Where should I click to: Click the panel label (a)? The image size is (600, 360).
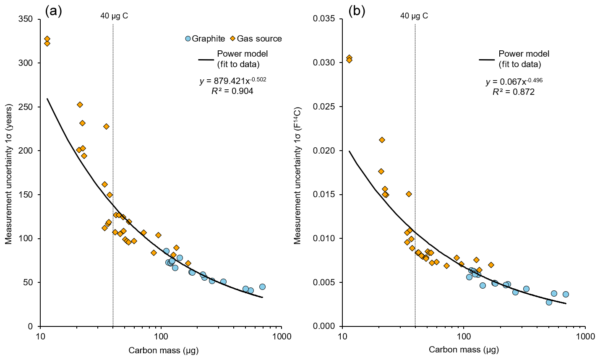tap(53, 11)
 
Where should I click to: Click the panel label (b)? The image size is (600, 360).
tap(357, 11)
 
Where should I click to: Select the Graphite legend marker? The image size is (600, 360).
tap(188, 39)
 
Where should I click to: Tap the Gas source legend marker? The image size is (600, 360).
tap(232, 39)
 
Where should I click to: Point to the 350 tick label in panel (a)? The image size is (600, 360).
tap(27, 19)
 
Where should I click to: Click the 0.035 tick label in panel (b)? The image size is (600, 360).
tap(324, 19)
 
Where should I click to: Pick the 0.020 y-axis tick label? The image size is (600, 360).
tap(324, 151)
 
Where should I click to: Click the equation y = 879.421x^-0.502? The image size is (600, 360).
tap(232, 81)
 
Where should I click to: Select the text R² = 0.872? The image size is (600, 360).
tap(514, 92)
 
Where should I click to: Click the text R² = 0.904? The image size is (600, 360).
tap(232, 91)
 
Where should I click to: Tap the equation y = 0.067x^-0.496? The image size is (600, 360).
tap(514, 82)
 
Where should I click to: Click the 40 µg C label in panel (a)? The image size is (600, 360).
tap(114, 16)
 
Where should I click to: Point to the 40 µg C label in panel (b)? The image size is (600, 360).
tap(414, 16)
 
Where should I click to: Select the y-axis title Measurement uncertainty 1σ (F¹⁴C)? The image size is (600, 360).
tap(297, 175)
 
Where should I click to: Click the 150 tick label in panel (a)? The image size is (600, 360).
tap(27, 195)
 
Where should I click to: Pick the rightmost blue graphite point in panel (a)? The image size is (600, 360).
tap(262, 287)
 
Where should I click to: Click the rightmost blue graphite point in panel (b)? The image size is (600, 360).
tap(566, 294)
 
